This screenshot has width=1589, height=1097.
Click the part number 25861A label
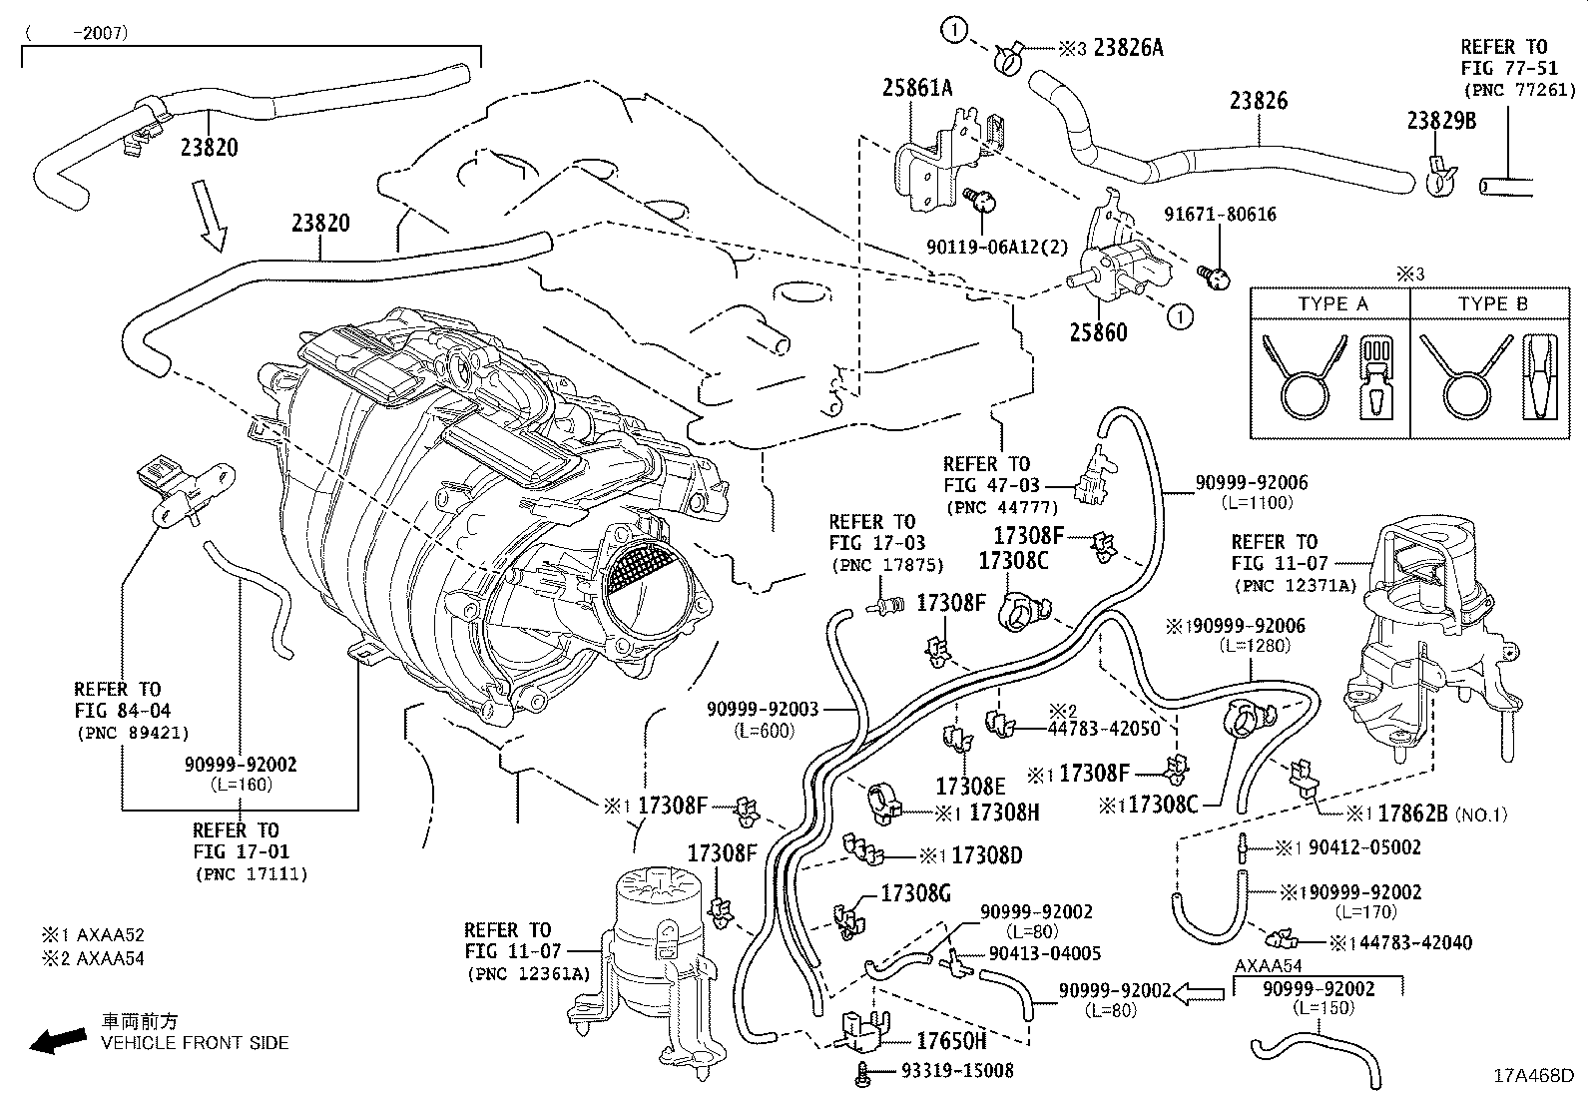916,88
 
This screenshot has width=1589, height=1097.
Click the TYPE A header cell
1331,303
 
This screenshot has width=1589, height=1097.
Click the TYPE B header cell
1491,303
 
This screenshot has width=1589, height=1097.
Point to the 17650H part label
950,1041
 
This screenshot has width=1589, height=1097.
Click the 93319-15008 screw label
956,1070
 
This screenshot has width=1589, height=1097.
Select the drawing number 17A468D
1532,1075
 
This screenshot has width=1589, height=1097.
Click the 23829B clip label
1441,121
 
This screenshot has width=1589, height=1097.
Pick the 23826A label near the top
1128,47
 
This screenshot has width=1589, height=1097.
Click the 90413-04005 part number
1044,953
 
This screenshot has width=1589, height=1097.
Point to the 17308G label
915,892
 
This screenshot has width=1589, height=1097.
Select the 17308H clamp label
1004,813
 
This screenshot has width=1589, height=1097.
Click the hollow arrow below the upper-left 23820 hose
213,215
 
